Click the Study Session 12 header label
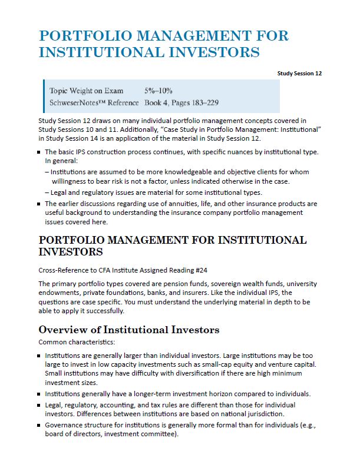299,73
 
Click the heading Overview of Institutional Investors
128,330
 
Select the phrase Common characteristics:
67,341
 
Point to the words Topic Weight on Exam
87,91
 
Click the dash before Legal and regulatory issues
47,192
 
